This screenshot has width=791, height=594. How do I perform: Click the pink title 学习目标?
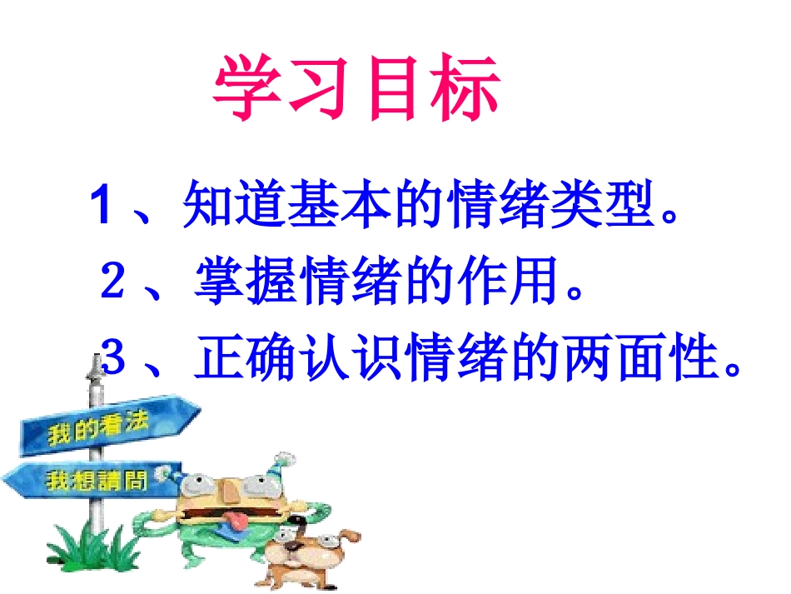(x=357, y=89)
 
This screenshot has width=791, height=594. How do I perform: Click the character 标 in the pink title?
(x=466, y=89)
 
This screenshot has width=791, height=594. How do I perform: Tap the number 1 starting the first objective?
(x=102, y=205)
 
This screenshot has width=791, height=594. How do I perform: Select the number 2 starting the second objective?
(x=113, y=281)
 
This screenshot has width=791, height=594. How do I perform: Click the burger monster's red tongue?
(x=239, y=521)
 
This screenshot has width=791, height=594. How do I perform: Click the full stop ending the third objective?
(x=733, y=367)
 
